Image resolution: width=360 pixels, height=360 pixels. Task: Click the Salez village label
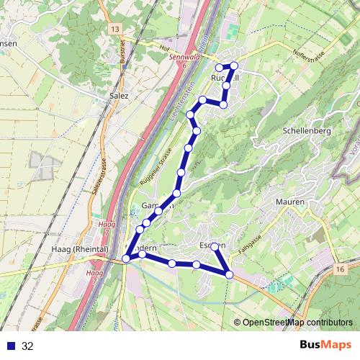point(118,94)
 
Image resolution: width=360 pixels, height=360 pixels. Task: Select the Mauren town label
point(290,202)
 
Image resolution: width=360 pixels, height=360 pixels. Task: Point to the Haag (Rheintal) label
point(80,249)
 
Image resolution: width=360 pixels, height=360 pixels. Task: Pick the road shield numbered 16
point(340,268)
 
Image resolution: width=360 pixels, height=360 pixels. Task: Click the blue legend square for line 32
point(10,346)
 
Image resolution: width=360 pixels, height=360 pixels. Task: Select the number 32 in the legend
point(28,346)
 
